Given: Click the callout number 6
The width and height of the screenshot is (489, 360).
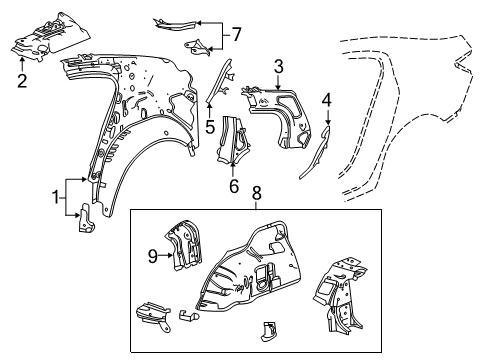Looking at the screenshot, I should pyautogui.click(x=235, y=186).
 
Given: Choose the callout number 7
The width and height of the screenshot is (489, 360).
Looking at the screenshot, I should pyautogui.click(x=237, y=35).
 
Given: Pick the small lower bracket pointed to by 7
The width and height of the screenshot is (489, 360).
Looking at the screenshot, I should pyautogui.click(x=201, y=46).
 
